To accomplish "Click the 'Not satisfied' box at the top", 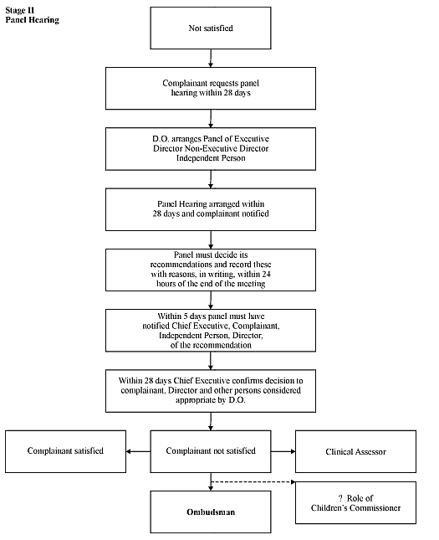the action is (x=211, y=28).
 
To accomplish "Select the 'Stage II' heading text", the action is (x=20, y=10).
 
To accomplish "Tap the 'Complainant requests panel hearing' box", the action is (x=211, y=88).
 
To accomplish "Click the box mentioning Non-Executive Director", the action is (x=211, y=149).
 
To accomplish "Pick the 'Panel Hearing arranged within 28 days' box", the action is (x=211, y=209).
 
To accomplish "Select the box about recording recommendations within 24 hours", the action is (x=211, y=270).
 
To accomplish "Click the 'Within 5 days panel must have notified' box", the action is (x=211, y=330).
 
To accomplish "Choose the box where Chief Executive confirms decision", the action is (x=211, y=391).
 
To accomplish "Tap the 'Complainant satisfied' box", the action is (x=65, y=451).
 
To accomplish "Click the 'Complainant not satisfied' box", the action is (x=211, y=451).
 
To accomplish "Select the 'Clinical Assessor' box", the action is (x=355, y=451).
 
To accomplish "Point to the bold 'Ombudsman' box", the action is (x=211, y=512).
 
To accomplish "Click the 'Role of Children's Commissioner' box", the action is (x=355, y=503).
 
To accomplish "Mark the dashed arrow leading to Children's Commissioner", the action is (x=253, y=481).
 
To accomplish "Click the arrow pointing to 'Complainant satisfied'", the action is (x=138, y=451).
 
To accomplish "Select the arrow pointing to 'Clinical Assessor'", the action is (x=283, y=451).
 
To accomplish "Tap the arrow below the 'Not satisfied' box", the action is (x=211, y=58).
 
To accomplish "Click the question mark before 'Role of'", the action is (x=340, y=498).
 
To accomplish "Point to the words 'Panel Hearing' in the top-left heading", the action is (x=33, y=20).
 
